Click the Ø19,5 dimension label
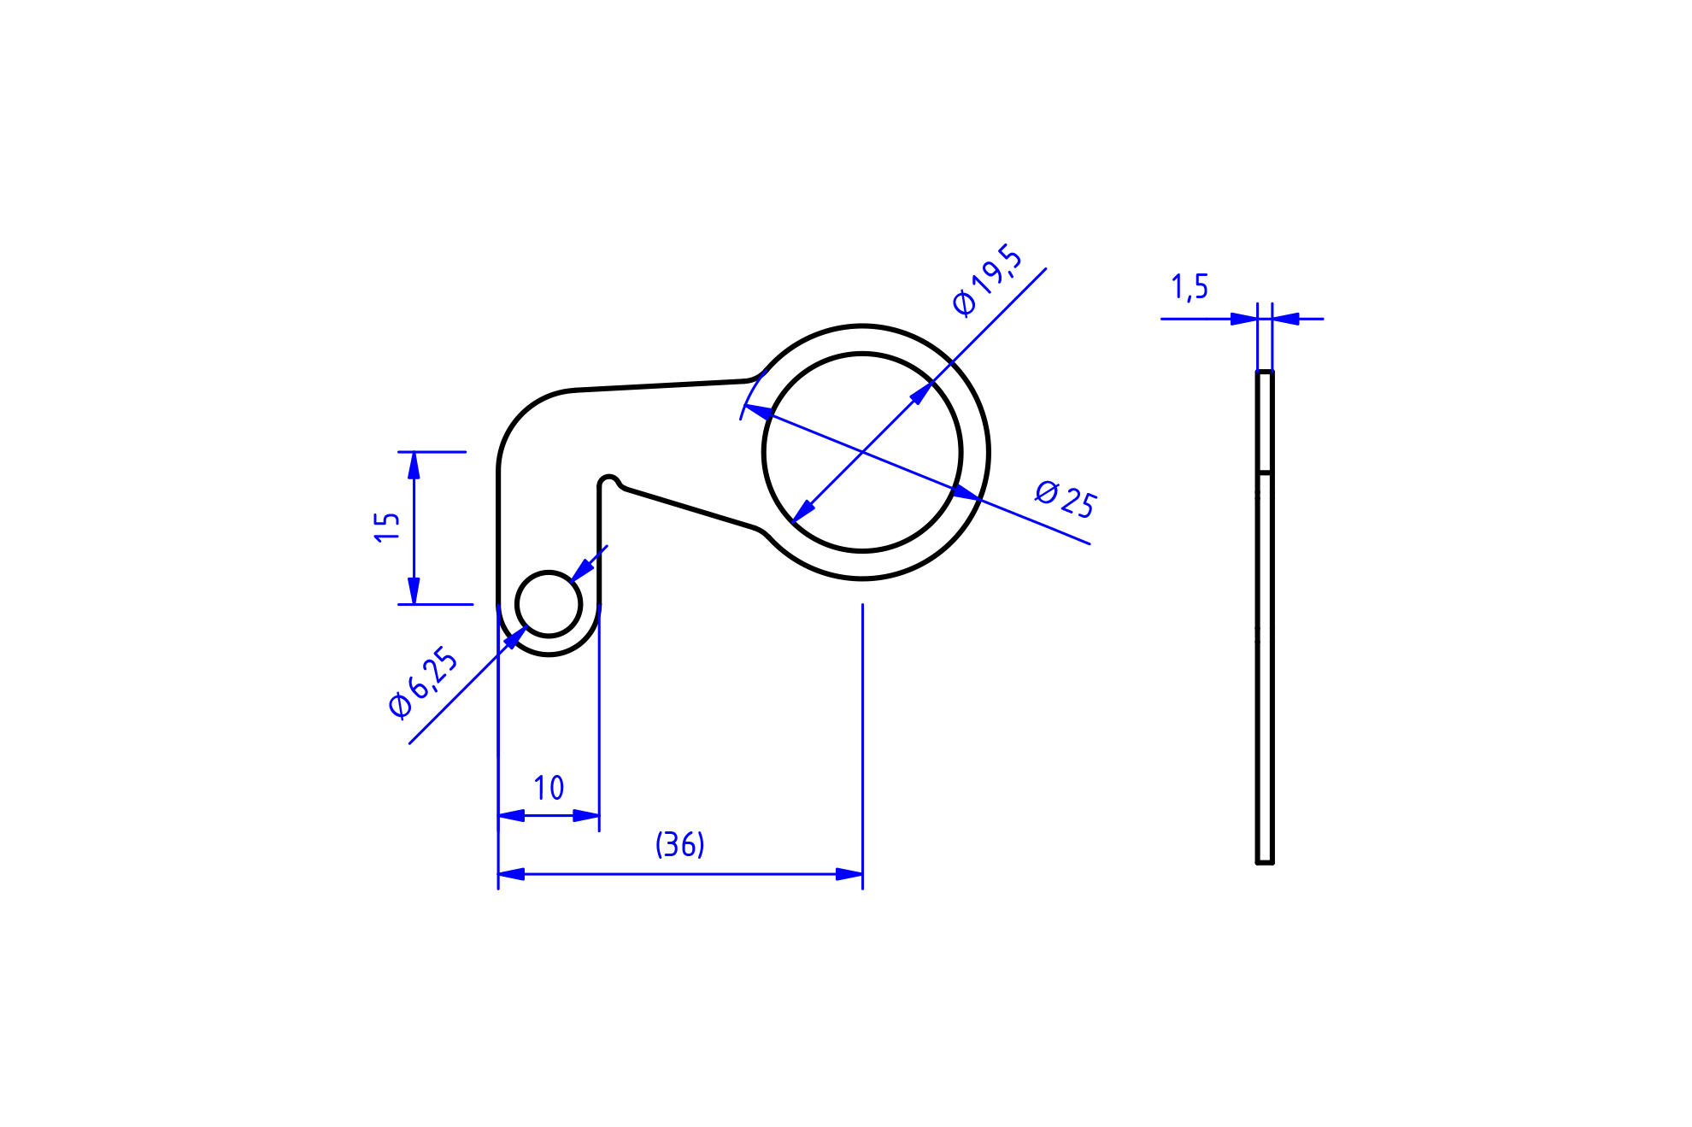[987, 279]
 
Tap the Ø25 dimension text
[1066, 499]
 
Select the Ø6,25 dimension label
[423, 684]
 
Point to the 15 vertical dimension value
[387, 526]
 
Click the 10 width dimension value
[549, 788]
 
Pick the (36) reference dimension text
[679, 844]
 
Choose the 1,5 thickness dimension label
[1190, 287]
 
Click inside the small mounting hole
[549, 604]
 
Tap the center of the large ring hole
[862, 453]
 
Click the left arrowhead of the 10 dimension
[511, 816]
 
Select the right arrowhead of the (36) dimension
[849, 874]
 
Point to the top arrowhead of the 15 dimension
[414, 465]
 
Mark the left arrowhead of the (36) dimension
[511, 874]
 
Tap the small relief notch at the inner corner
[608, 481]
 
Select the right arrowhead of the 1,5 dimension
[1286, 319]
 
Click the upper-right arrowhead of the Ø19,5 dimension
[921, 394]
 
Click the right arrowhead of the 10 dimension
[586, 816]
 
